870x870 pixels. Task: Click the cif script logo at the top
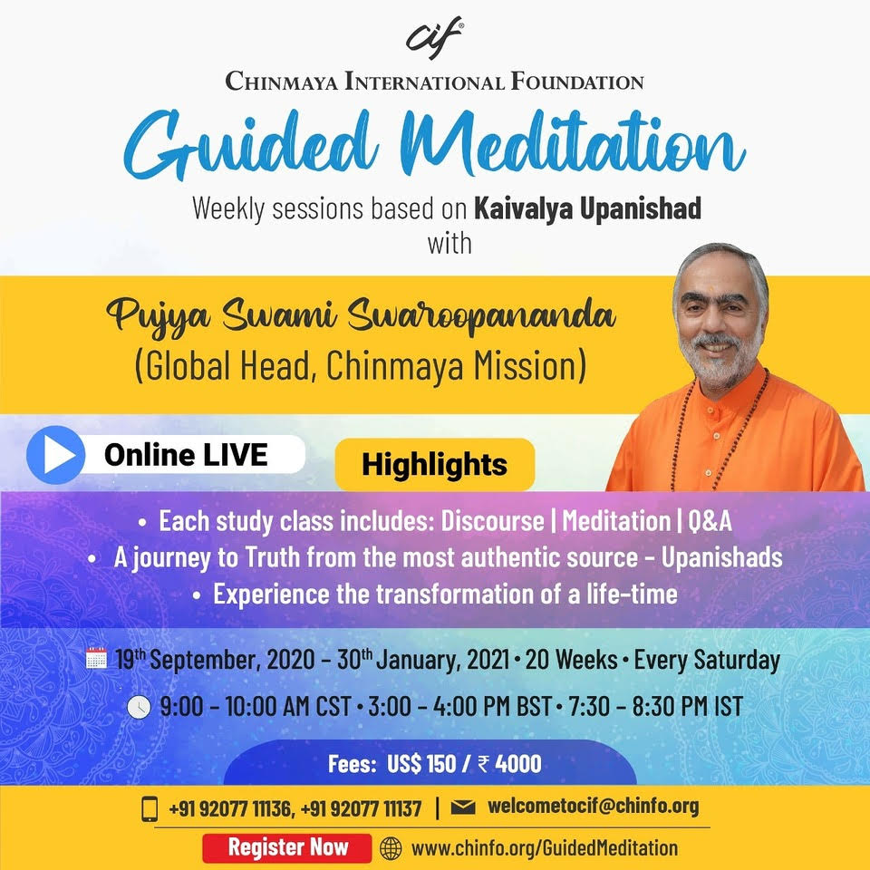tap(434, 38)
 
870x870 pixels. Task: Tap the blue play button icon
tap(56, 455)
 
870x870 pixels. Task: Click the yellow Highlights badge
tap(434, 464)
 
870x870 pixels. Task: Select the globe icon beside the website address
tap(391, 848)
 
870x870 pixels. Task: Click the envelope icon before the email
tap(463, 807)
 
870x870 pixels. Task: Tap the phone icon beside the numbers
tap(150, 808)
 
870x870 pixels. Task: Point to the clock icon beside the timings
tap(139, 708)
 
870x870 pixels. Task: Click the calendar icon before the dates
tap(97, 658)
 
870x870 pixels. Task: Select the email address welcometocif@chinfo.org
tap(593, 807)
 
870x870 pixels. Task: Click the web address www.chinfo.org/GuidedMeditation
tap(545, 848)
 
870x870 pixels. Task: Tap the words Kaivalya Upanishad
tap(587, 209)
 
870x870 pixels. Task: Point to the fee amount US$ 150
tap(421, 764)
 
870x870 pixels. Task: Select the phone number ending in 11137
tap(362, 808)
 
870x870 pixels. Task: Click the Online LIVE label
tap(186, 455)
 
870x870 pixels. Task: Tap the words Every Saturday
tap(707, 661)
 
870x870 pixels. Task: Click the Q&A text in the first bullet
tap(710, 521)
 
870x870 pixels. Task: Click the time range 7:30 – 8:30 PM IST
tap(655, 707)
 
